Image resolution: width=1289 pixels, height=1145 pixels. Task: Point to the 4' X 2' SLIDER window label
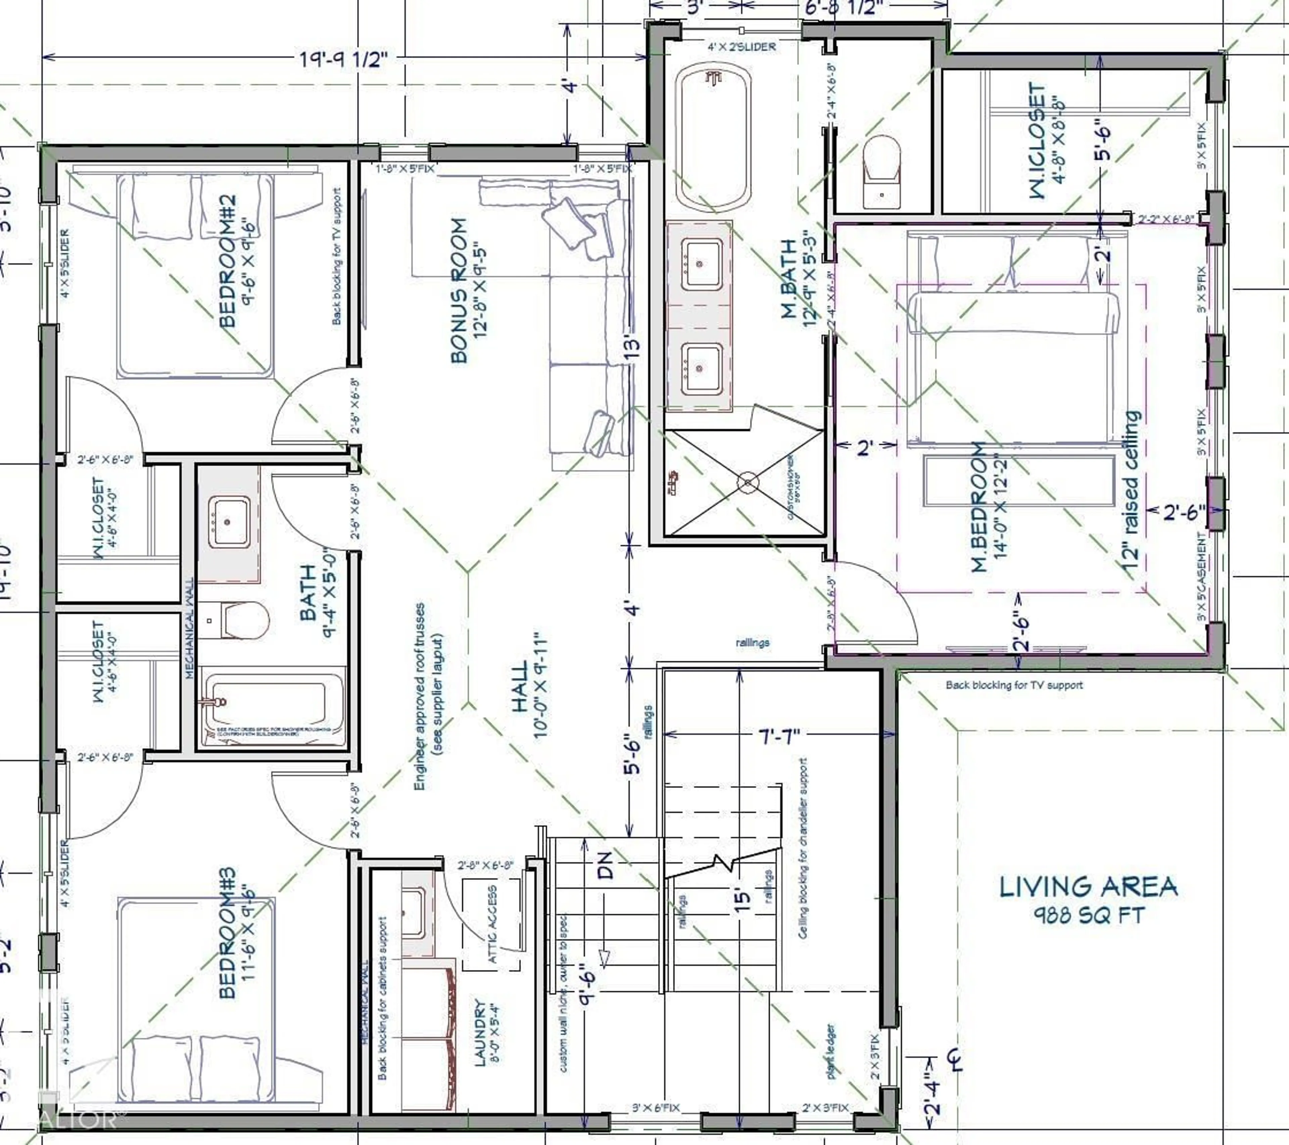pos(741,47)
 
